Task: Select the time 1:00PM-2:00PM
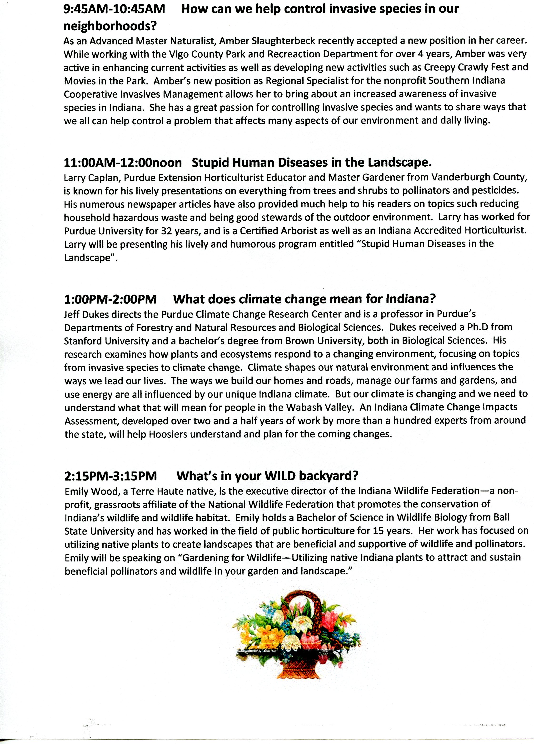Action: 110,299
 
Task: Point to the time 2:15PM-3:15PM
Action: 111,476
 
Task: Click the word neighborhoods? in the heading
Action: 110,26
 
